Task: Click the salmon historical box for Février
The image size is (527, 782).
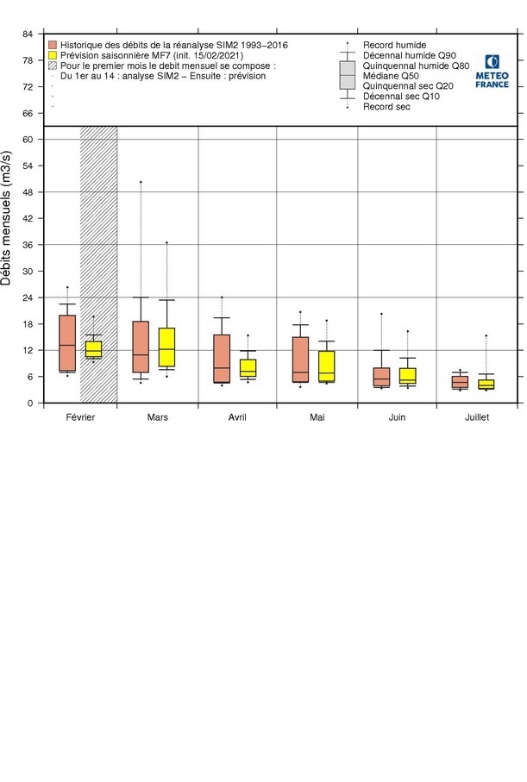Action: (67, 343)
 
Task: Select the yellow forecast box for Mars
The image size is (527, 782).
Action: (166, 347)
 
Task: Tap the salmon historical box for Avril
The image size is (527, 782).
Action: (222, 358)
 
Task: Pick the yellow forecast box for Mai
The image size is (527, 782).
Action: (327, 366)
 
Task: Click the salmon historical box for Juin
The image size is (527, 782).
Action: (382, 377)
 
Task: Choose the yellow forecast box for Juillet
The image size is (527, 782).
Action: (486, 385)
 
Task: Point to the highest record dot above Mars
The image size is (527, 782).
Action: (141, 182)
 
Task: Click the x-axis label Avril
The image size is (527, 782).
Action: (237, 416)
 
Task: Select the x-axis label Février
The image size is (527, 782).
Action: (79, 416)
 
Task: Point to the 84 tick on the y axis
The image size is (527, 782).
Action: (28, 34)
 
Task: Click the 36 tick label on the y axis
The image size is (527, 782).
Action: (28, 245)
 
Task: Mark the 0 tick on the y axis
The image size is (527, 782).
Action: (30, 404)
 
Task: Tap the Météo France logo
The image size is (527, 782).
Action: (492, 71)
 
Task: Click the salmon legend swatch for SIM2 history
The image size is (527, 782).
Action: (53, 45)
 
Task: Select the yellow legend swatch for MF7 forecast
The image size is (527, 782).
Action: (53, 55)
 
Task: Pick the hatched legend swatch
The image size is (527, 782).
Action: (53, 66)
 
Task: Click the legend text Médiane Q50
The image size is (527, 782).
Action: (391, 76)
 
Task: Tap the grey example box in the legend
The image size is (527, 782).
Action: (348, 75)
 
